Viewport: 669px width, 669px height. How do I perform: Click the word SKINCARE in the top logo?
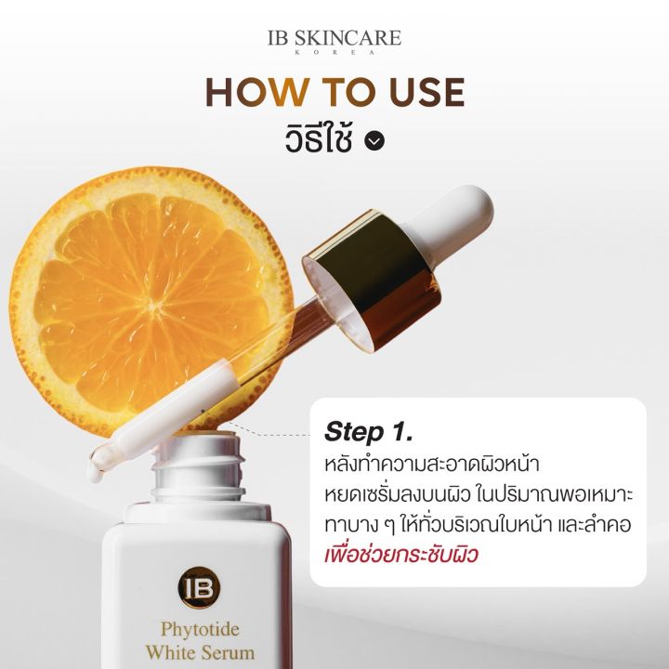point(348,38)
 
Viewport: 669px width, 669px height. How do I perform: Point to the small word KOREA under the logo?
point(334,52)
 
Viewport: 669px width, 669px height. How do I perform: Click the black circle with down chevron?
point(374,141)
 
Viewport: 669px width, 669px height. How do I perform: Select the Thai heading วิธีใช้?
point(319,138)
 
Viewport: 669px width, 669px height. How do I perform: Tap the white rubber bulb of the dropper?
point(453,217)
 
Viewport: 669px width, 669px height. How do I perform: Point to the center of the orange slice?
point(152,304)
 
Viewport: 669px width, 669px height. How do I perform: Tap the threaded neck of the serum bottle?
point(199,468)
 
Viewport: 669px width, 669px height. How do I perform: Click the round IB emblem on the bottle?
point(199,587)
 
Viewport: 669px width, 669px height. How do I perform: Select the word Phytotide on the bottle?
point(200,630)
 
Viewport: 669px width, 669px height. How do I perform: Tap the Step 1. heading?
point(369,432)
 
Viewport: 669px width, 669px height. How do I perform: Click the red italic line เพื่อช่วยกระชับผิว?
point(401,554)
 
